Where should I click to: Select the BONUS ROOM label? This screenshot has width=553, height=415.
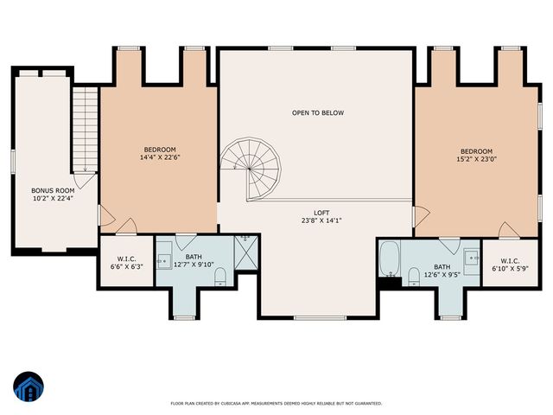coord(53,190)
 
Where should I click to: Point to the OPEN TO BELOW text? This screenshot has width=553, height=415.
coord(317,113)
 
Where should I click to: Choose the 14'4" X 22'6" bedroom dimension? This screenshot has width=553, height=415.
coord(160,157)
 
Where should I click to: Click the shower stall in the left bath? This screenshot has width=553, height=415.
coord(245,254)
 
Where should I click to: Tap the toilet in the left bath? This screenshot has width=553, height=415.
coord(219,276)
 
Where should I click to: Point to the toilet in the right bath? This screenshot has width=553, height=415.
coord(413,276)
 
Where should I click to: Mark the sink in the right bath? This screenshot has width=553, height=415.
coord(471,257)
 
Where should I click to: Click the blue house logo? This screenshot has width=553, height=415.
coord(29,387)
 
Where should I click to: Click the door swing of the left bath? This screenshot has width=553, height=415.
coord(188,243)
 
